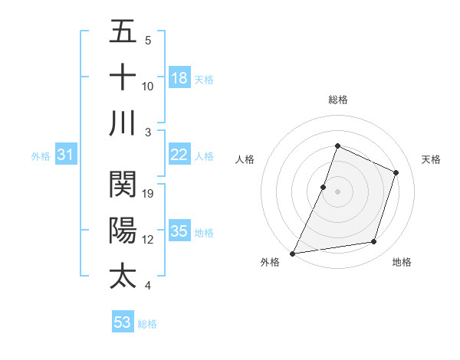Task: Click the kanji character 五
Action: pyautogui.click(x=123, y=32)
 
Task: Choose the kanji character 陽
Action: pyautogui.click(x=123, y=230)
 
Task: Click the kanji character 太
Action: pyautogui.click(x=123, y=276)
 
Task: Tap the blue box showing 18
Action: pyautogui.click(x=179, y=78)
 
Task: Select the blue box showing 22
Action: pyautogui.click(x=179, y=155)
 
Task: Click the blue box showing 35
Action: pyautogui.click(x=179, y=231)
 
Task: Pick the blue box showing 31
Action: pyautogui.click(x=66, y=155)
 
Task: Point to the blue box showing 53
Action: pyautogui.click(x=122, y=322)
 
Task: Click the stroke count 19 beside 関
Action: pyautogui.click(x=149, y=193)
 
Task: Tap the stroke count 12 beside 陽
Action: pyautogui.click(x=149, y=240)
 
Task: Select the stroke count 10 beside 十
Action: pyautogui.click(x=149, y=86)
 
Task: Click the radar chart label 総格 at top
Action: pyautogui.click(x=337, y=100)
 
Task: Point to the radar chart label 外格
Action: pyautogui.click(x=270, y=263)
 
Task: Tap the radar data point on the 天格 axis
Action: pyautogui.click(x=396, y=172)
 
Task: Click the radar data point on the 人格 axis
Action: pyautogui.click(x=324, y=187)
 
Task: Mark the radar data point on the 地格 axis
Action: pyautogui.click(x=374, y=242)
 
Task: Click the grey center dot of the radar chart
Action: pyautogui.click(x=337, y=191)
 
